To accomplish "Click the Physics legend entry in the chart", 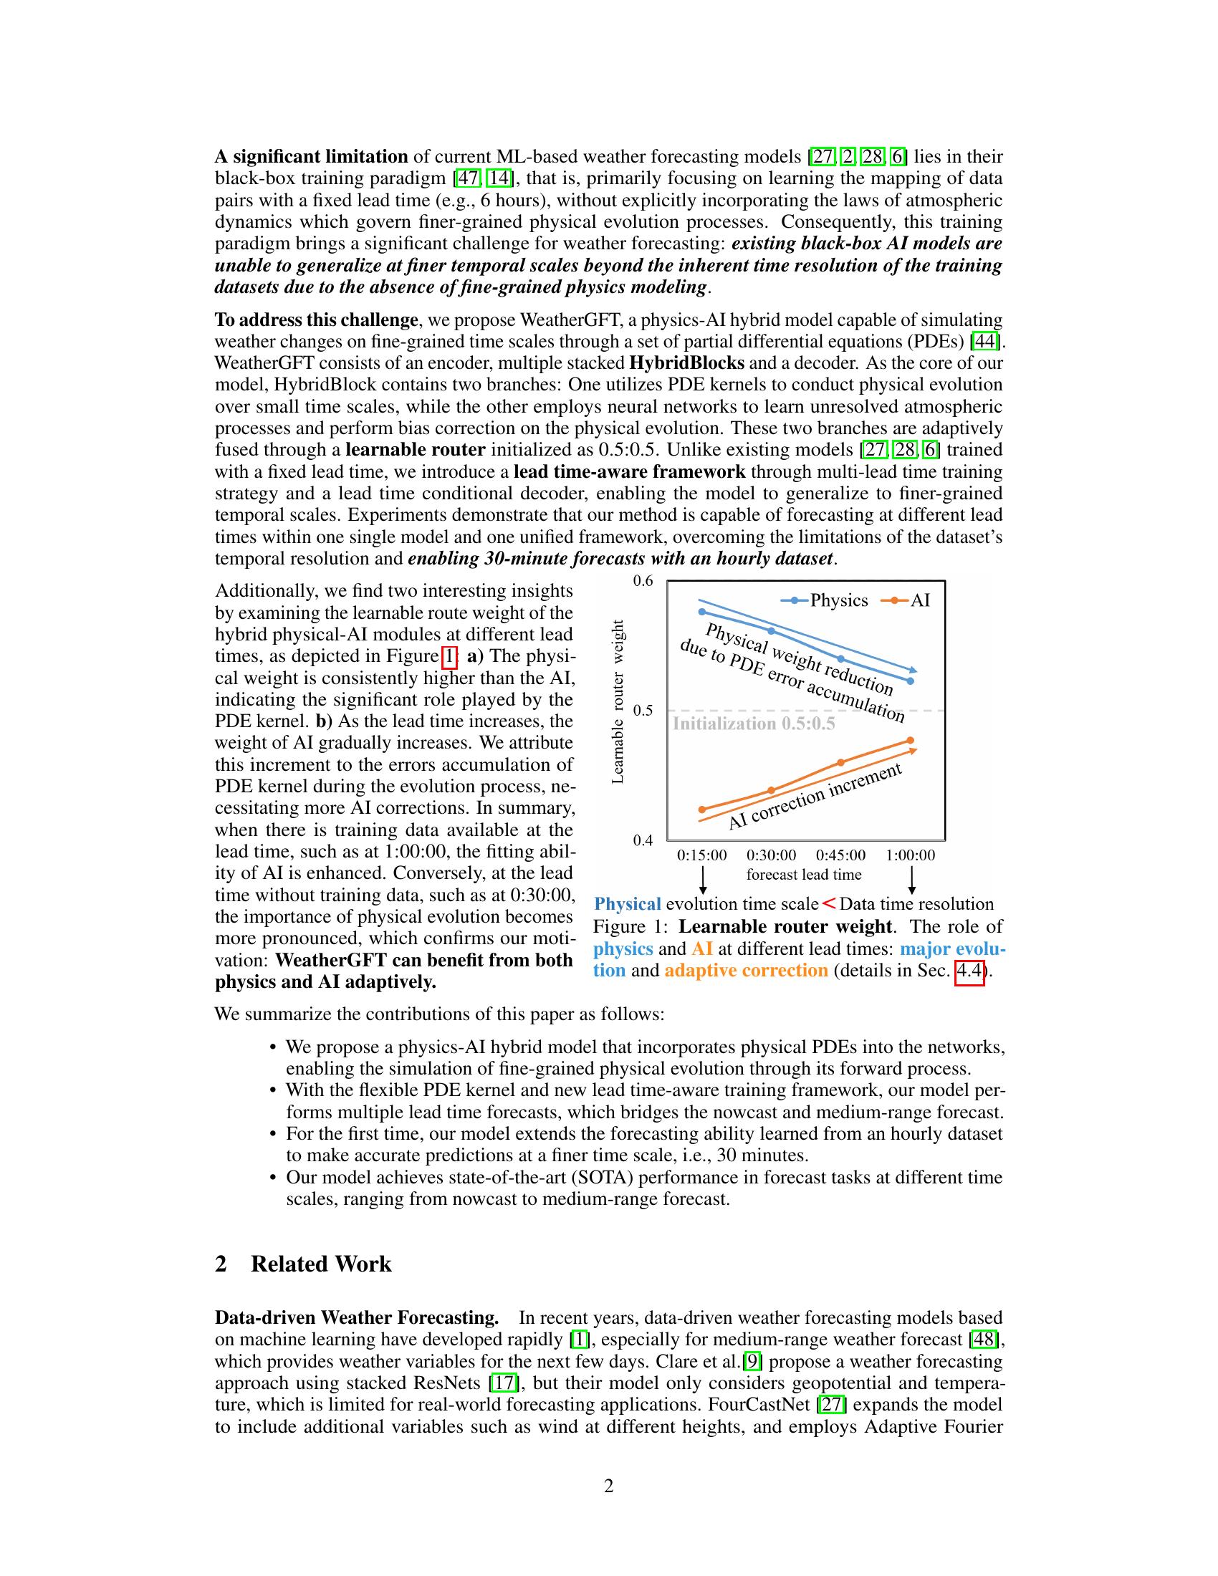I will pyautogui.click(x=837, y=600).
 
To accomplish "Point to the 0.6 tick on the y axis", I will pyautogui.click(x=643, y=581).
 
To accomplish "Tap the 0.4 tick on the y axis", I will pyautogui.click(x=643, y=840).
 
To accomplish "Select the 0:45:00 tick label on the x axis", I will pyautogui.click(x=840, y=855).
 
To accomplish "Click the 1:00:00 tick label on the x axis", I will pyautogui.click(x=911, y=855).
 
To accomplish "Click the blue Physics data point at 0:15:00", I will pyautogui.click(x=702, y=612).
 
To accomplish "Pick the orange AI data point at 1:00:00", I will pyautogui.click(x=911, y=741).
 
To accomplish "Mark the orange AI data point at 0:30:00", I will pyautogui.click(x=772, y=790).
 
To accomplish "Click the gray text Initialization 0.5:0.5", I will pyautogui.click(x=753, y=724).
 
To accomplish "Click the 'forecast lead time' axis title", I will pyautogui.click(x=804, y=875).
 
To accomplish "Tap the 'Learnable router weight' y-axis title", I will pyautogui.click(x=618, y=701).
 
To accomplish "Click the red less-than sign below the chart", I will pyautogui.click(x=829, y=903).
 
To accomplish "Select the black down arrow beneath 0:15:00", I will pyautogui.click(x=702, y=880).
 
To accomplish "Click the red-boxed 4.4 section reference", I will pyautogui.click(x=970, y=970).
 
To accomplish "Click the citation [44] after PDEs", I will pyautogui.click(x=984, y=340).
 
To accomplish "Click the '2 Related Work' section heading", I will pyautogui.click(x=303, y=1264).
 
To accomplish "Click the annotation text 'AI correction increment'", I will pyautogui.click(x=815, y=797).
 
